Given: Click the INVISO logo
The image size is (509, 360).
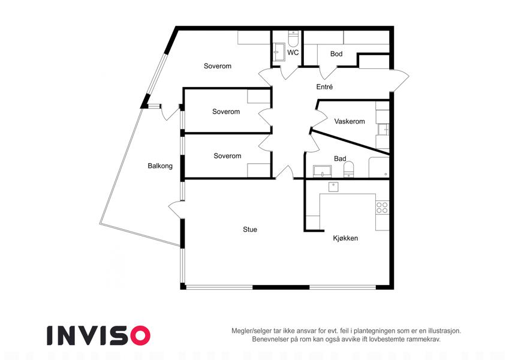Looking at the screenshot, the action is (99, 335).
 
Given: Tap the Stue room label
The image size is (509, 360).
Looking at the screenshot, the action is (250, 229).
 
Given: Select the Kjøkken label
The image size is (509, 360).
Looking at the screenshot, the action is (345, 238).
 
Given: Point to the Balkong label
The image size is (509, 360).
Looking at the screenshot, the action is (160, 166).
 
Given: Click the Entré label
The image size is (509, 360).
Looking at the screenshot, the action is (324, 87).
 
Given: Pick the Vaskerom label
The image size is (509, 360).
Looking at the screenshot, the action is (350, 121).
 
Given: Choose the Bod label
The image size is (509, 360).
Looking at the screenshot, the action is (336, 53).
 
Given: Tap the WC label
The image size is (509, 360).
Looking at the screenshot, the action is (293, 52).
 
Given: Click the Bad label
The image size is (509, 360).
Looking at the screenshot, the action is (340, 158).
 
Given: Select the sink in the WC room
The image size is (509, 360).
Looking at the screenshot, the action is (279, 52).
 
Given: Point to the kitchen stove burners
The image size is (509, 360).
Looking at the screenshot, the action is (382, 208).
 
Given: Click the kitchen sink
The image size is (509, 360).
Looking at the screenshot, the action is (333, 187).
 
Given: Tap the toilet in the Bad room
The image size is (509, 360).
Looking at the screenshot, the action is (349, 169).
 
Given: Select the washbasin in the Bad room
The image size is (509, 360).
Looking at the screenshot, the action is (322, 171).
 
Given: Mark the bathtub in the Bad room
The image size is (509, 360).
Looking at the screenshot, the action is (379, 167).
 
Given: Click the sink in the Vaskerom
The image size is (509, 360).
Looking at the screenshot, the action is (383, 130).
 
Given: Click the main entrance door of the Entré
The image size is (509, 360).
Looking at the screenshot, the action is (400, 80).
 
